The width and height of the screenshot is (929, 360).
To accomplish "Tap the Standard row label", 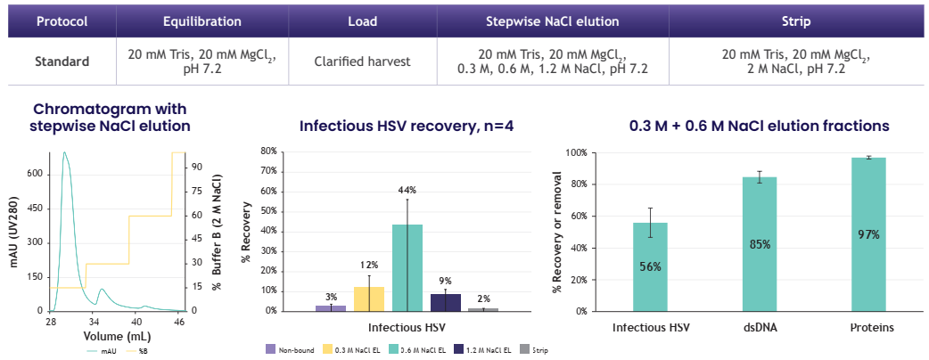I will (x=62, y=61).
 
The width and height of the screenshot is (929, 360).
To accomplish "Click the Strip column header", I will (x=795, y=20).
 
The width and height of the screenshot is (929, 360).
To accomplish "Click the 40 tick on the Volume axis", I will (x=136, y=321).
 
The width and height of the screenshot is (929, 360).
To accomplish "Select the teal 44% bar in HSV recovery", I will (x=407, y=267).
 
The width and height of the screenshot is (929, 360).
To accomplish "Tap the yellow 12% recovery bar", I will (x=369, y=299).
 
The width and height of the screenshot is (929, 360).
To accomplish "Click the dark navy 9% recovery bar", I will (x=446, y=302).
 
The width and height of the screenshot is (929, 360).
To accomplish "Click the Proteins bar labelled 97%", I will (x=868, y=234).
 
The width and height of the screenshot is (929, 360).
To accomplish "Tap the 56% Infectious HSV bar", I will (x=650, y=266).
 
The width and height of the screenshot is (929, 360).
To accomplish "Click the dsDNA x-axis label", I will (x=760, y=327).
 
